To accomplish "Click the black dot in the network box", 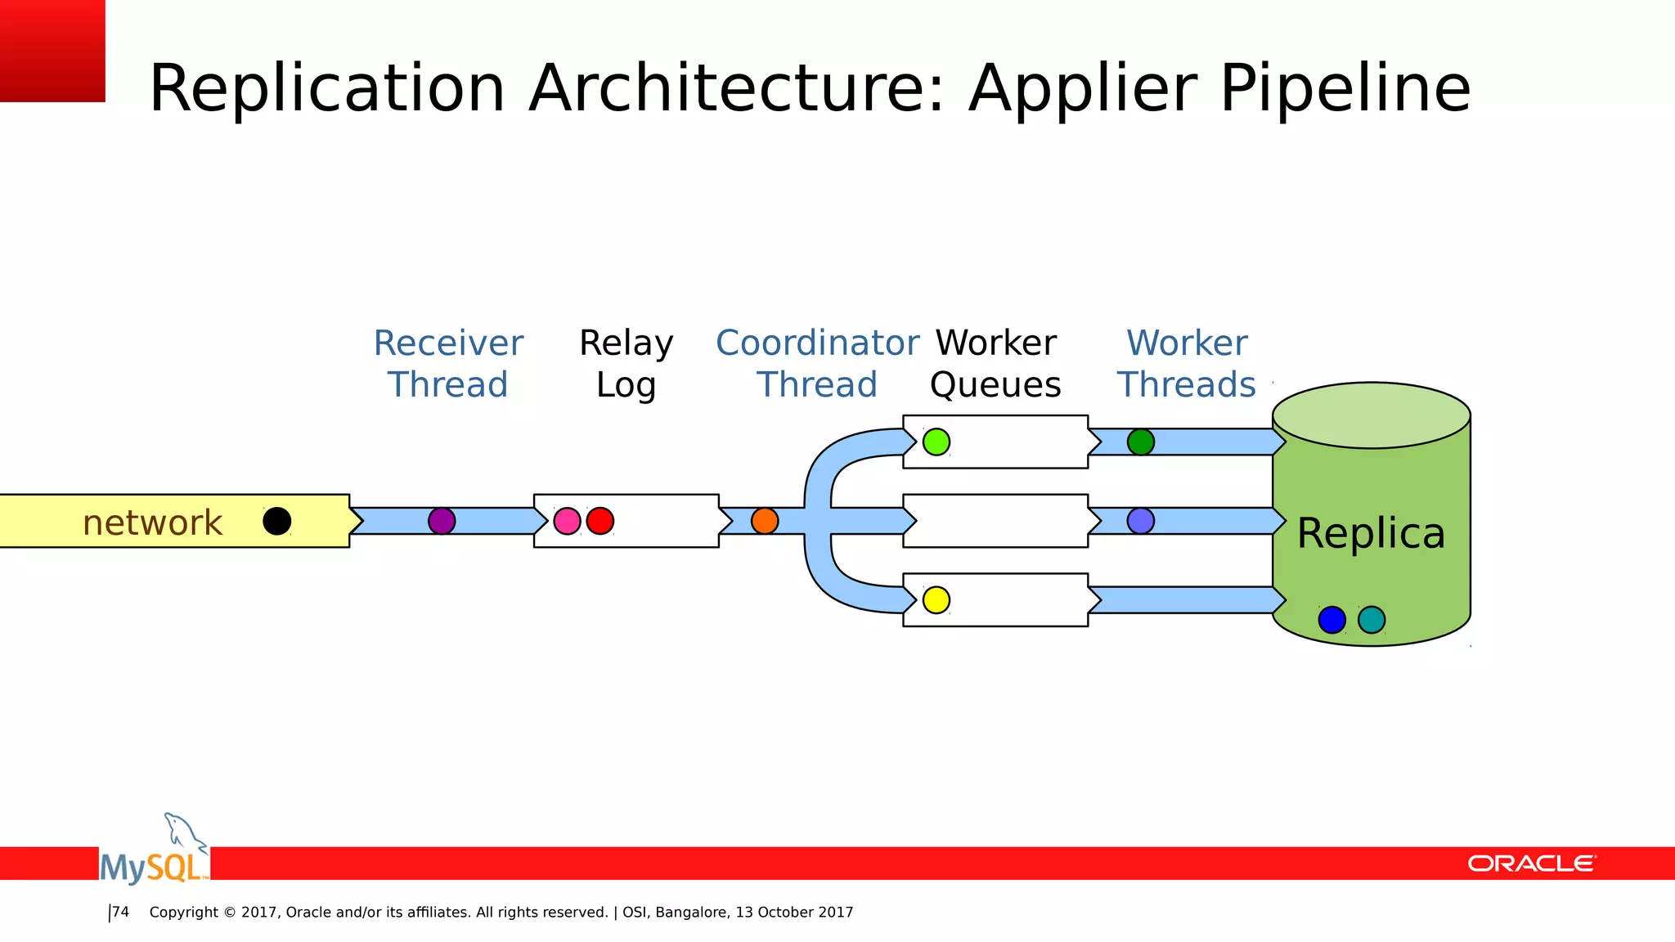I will pyautogui.click(x=276, y=521).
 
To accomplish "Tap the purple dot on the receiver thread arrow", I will pyautogui.click(x=442, y=521).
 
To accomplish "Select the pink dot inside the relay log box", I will pyautogui.click(x=567, y=521).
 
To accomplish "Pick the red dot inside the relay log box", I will pyautogui.click(x=600, y=521).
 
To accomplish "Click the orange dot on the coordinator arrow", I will pyautogui.click(x=765, y=521).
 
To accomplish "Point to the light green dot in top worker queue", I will pyautogui.click(x=936, y=442).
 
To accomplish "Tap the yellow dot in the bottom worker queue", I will pyautogui.click(x=936, y=600).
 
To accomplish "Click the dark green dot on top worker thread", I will pyautogui.click(x=1141, y=442).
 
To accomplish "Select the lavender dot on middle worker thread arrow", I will pyautogui.click(x=1141, y=521).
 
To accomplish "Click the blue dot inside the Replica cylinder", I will pyautogui.click(x=1332, y=620).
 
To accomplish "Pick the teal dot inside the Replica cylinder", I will pyautogui.click(x=1372, y=620).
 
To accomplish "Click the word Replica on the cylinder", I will pyautogui.click(x=1371, y=533).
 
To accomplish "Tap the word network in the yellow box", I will pyautogui.click(x=152, y=523).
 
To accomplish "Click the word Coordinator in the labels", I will pyautogui.click(x=817, y=343).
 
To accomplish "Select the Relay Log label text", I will pyautogui.click(x=626, y=364).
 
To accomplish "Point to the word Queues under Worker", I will pyautogui.click(x=995, y=385).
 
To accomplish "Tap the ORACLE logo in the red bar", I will pyautogui.click(x=1531, y=863).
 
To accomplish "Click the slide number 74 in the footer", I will pyautogui.click(x=120, y=912).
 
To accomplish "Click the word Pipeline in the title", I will pyautogui.click(x=1345, y=88).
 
